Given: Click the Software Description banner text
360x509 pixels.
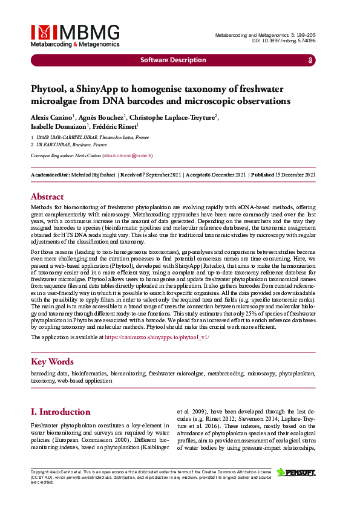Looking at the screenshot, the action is coord(173,60).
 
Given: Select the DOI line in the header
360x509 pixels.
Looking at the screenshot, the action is coord(284,41).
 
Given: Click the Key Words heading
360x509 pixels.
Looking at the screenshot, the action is coord(53,361).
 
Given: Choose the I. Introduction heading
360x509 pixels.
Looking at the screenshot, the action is coord(61,412).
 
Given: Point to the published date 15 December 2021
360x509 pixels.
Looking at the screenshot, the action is coord(296,175).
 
